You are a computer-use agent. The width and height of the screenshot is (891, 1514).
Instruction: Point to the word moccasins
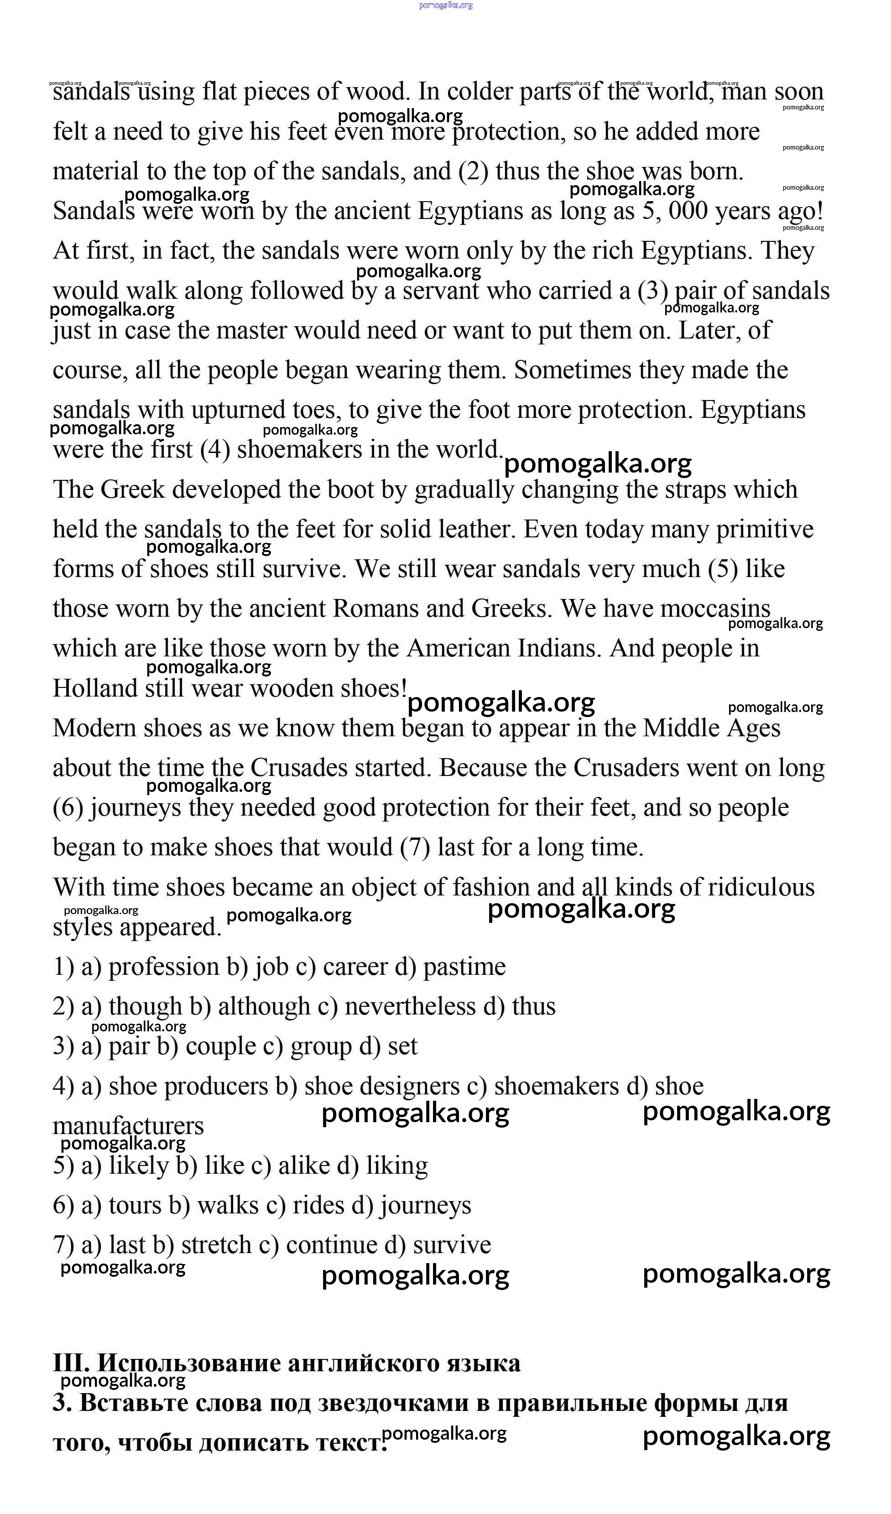click(x=715, y=609)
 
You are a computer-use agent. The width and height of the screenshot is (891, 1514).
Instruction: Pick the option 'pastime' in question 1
click(x=464, y=967)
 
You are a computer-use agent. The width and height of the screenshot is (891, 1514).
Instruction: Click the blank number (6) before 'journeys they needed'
click(x=67, y=808)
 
